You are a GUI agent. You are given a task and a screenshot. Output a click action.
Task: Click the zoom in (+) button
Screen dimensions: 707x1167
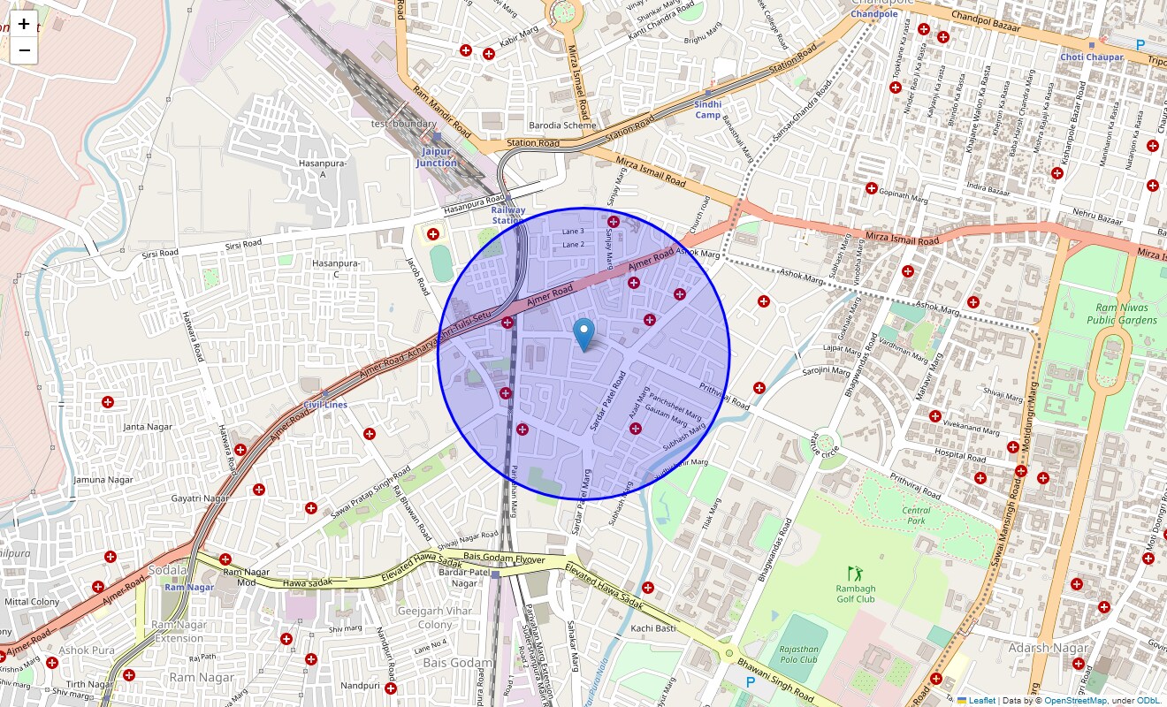pos(25,24)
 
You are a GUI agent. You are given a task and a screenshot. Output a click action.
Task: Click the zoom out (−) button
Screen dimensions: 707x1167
pos(25,50)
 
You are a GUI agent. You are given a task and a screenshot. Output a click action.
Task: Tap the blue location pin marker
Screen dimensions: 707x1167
pos(583,334)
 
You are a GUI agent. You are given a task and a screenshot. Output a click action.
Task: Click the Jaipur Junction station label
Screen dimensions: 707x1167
pos(437,157)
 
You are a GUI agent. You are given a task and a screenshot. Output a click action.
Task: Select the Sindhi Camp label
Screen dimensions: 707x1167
pos(708,110)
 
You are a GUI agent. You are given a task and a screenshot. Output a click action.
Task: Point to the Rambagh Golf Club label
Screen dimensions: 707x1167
pos(855,594)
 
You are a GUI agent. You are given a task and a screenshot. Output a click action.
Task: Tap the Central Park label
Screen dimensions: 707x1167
pos(916,515)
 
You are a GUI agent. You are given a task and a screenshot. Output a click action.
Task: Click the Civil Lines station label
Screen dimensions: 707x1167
pos(325,405)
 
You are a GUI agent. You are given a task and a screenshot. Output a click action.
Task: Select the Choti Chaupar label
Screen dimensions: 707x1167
pos(1092,57)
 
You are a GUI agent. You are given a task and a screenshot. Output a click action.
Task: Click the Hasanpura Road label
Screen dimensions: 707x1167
pos(473,205)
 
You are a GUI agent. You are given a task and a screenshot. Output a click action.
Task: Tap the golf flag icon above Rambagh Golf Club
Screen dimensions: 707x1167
pos(854,573)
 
